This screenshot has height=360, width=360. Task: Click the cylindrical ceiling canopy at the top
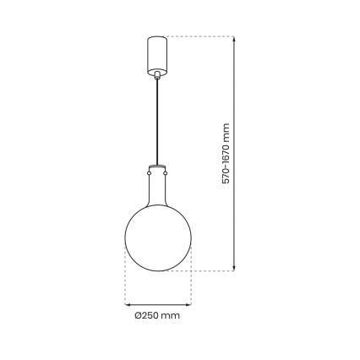(157, 52)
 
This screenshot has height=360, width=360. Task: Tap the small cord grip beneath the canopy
(157, 76)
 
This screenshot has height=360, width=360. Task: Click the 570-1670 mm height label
(226, 154)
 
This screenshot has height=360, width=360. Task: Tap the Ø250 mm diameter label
(158, 317)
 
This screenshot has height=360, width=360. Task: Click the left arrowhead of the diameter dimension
(128, 303)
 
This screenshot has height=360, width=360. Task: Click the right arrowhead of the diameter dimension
(187, 303)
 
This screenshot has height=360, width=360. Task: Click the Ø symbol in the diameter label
(139, 317)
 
